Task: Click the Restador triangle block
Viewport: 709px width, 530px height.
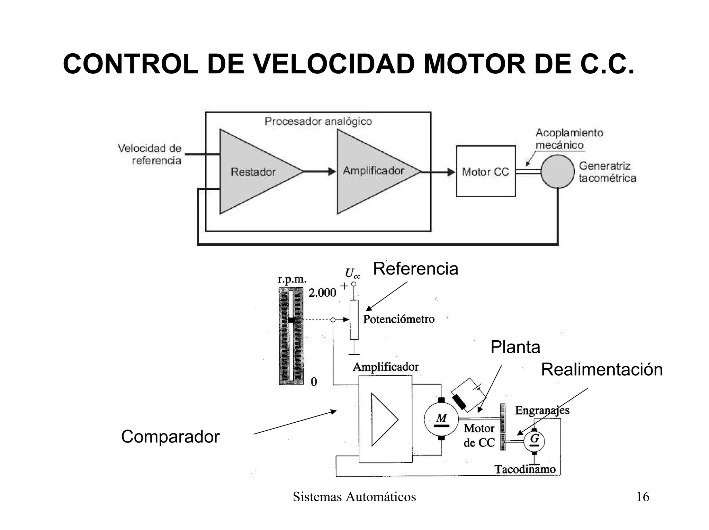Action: pos(253,172)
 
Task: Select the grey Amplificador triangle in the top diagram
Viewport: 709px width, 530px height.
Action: pos(370,171)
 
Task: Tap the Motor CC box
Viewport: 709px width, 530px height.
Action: pos(485,171)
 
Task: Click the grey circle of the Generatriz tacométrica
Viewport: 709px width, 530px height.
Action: pos(557,171)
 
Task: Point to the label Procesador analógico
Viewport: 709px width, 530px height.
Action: pos(318,122)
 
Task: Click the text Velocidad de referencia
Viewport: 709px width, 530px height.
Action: pos(150,154)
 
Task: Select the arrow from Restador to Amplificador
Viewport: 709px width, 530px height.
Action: pos(319,171)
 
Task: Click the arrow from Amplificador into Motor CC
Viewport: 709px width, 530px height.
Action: pos(438,172)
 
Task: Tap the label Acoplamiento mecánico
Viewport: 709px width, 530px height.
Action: pos(569,139)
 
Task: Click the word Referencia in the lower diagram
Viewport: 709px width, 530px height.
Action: pos(415,269)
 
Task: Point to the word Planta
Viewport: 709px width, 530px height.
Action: pos(515,347)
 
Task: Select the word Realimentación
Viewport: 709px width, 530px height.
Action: pos(601,369)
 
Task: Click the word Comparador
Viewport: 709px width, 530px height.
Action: pos(170,437)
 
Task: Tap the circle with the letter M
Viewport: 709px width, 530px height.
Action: pos(441,419)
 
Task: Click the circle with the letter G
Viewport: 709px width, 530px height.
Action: pos(534,441)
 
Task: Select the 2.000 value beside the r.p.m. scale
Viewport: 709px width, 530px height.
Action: pos(322,293)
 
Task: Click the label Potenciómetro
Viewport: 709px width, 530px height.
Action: pos(398,319)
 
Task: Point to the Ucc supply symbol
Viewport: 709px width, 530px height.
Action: pos(352,274)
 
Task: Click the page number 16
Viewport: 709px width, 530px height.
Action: pos(643,497)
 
